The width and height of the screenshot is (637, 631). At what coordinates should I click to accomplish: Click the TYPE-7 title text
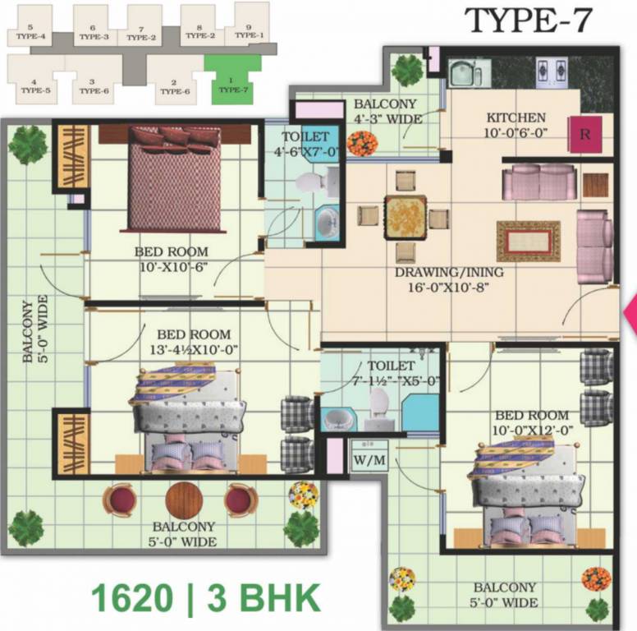[x=528, y=20]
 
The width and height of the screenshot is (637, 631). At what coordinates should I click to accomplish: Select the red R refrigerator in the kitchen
[x=584, y=135]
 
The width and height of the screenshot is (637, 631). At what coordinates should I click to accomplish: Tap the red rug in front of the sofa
[x=528, y=241]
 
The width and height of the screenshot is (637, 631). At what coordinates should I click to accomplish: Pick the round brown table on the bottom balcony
[x=183, y=500]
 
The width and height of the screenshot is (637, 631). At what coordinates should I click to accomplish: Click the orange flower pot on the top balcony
[x=361, y=143]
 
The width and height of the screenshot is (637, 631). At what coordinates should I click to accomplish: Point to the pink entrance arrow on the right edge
[x=631, y=315]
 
